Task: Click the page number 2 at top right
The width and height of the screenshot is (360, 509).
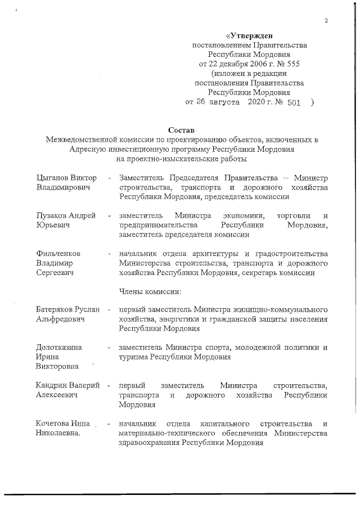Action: (x=326, y=21)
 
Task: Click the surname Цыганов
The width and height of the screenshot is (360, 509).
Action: (x=53, y=178)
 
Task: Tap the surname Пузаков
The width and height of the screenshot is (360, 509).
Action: (x=52, y=216)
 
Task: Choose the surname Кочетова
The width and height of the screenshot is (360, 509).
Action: (x=52, y=424)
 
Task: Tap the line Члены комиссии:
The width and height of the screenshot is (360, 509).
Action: (x=150, y=291)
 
